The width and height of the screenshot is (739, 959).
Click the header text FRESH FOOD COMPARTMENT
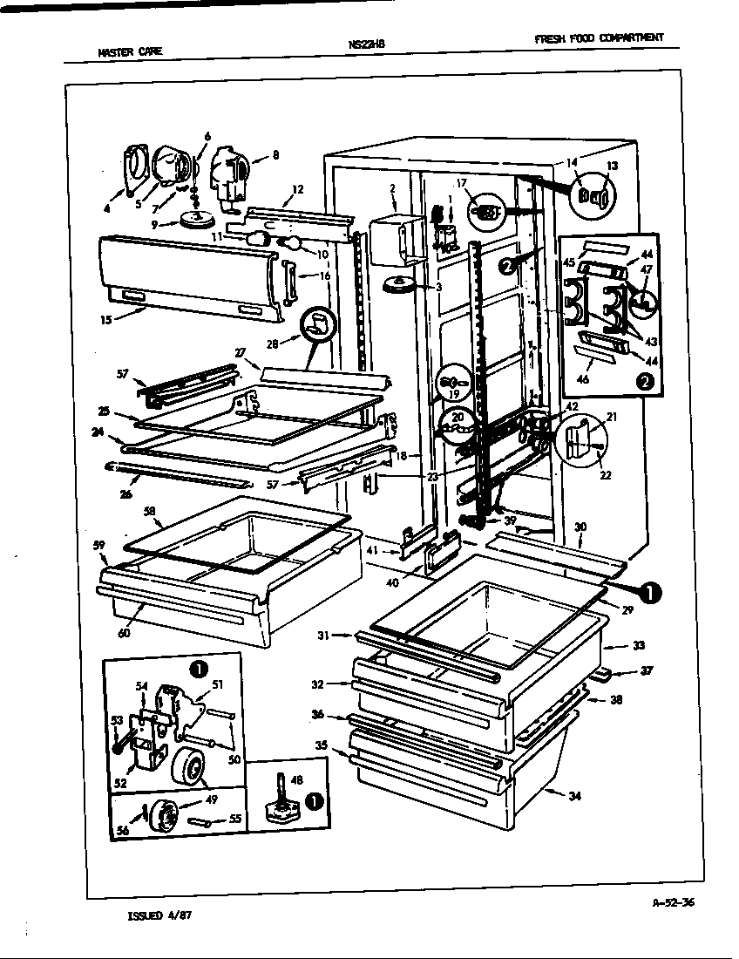[599, 37]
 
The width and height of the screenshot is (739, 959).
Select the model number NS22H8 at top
[365, 44]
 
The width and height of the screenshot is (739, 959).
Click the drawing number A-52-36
[673, 903]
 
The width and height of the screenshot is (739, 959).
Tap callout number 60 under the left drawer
[125, 633]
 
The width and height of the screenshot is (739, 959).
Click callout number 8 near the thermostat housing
[275, 156]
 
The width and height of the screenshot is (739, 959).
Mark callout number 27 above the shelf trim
[240, 352]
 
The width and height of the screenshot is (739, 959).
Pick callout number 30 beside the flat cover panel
[580, 527]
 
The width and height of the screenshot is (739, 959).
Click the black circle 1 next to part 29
[650, 592]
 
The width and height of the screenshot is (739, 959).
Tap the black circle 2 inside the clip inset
[645, 380]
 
